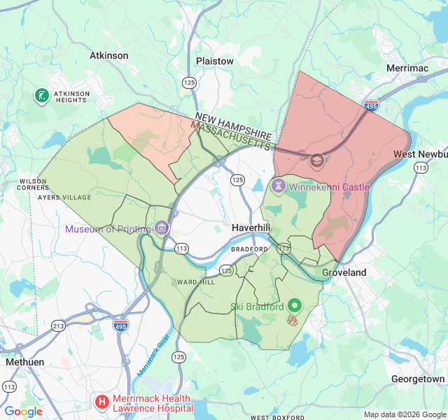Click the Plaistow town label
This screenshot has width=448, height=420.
215,61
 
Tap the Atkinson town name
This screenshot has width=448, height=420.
109,55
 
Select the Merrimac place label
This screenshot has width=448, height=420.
409,68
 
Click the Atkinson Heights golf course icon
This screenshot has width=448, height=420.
41,95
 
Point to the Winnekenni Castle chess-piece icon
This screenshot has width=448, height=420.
279,186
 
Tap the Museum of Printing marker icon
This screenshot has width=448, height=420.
162,228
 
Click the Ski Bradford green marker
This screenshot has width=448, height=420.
295,306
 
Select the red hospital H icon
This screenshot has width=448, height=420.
102,402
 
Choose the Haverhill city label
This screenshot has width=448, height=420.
251,229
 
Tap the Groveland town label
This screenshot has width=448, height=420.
344,272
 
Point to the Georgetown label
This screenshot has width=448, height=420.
418,379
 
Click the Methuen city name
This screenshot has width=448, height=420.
24,362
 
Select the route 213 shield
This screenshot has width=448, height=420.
58,326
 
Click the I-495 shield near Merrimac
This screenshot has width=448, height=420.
371,106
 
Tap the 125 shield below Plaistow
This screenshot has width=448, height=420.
188,83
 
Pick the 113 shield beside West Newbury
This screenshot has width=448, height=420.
421,167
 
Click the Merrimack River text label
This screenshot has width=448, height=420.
154,355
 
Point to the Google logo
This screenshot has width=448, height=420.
23,412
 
